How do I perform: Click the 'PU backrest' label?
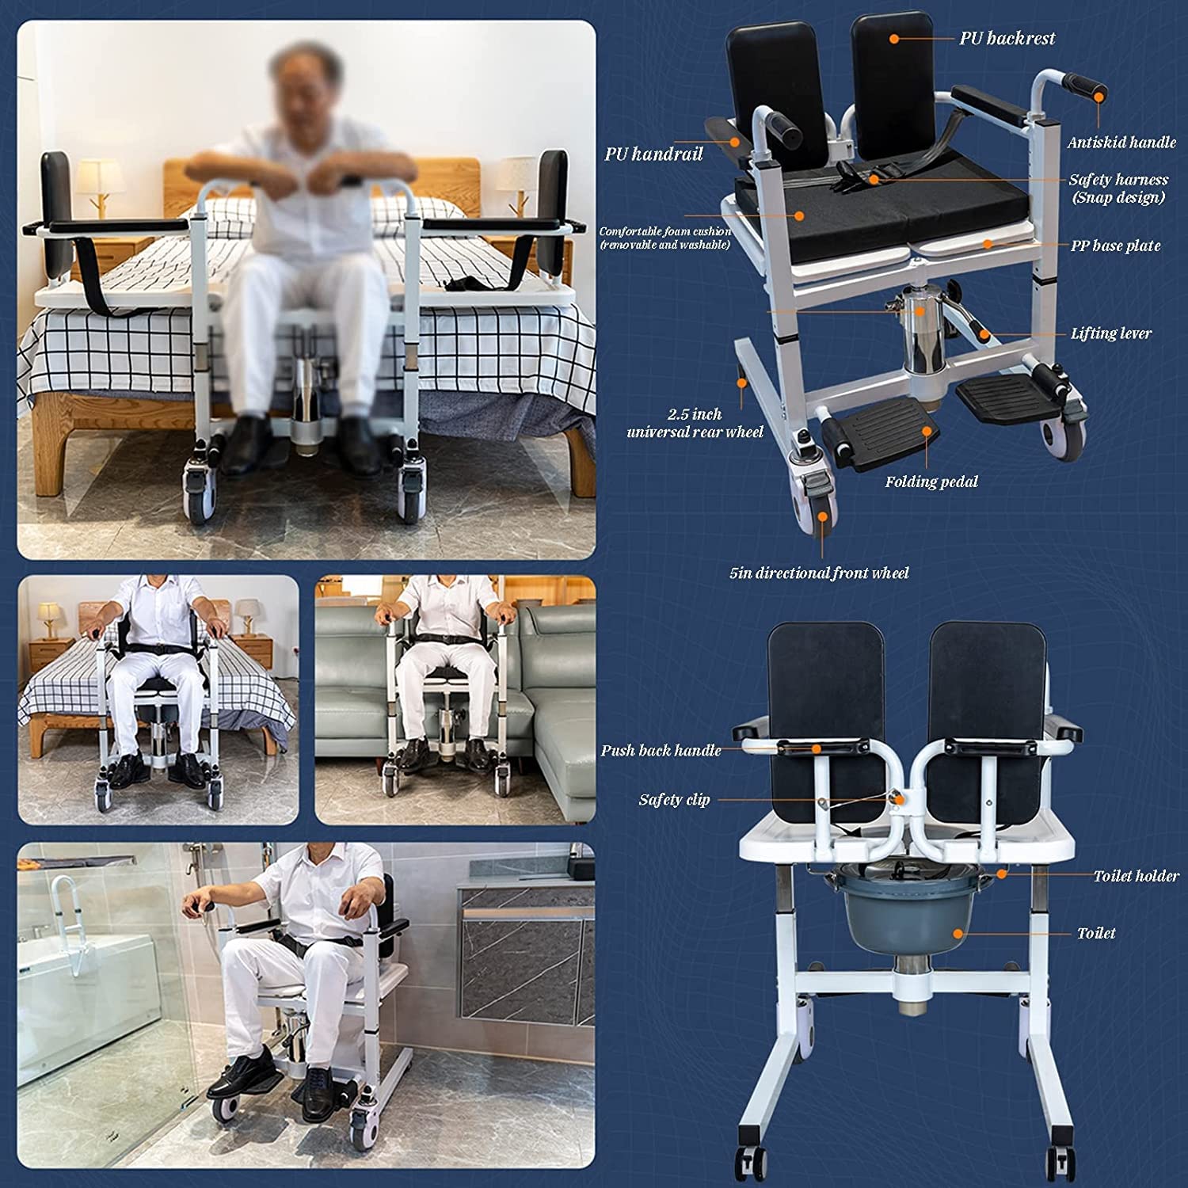pyautogui.click(x=1007, y=38)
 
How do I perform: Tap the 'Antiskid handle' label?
pyautogui.click(x=1121, y=143)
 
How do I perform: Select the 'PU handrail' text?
pyautogui.click(x=653, y=154)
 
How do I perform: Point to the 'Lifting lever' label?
pyautogui.click(x=1110, y=333)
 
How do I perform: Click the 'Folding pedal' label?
pyautogui.click(x=931, y=482)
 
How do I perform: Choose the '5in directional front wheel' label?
pyautogui.click(x=819, y=573)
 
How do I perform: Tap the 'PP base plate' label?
pyautogui.click(x=1115, y=246)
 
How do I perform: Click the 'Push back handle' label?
pyautogui.click(x=661, y=750)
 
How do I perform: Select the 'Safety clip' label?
pyautogui.click(x=674, y=800)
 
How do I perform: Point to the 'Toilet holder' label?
pyautogui.click(x=1136, y=876)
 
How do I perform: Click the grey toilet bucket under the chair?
pyautogui.click(x=908, y=911)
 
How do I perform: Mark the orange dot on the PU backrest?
pyautogui.click(x=893, y=38)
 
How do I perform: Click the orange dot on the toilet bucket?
pyautogui.click(x=958, y=934)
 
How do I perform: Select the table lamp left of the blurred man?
pyautogui.click(x=98, y=186)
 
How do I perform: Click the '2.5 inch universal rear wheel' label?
pyautogui.click(x=695, y=423)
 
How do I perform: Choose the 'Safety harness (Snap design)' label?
pyautogui.click(x=1118, y=188)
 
